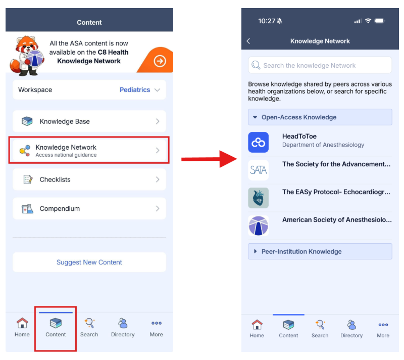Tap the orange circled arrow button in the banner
click(x=160, y=61)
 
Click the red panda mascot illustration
click(x=26, y=56)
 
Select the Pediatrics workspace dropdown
click(x=140, y=89)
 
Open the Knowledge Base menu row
click(x=89, y=121)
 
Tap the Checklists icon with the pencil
click(x=28, y=179)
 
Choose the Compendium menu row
click(x=89, y=208)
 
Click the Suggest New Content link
click(x=89, y=262)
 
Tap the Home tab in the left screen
click(x=22, y=327)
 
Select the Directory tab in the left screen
click(x=123, y=327)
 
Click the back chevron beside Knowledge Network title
click(x=248, y=41)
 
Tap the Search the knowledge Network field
click(x=320, y=65)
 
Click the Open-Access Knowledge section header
click(x=320, y=117)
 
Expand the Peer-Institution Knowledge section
click(x=320, y=251)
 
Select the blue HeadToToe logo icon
click(x=258, y=143)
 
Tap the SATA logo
click(x=258, y=170)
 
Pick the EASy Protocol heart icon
click(x=258, y=198)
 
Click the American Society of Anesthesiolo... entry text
click(x=337, y=220)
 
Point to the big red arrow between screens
click(x=209, y=159)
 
